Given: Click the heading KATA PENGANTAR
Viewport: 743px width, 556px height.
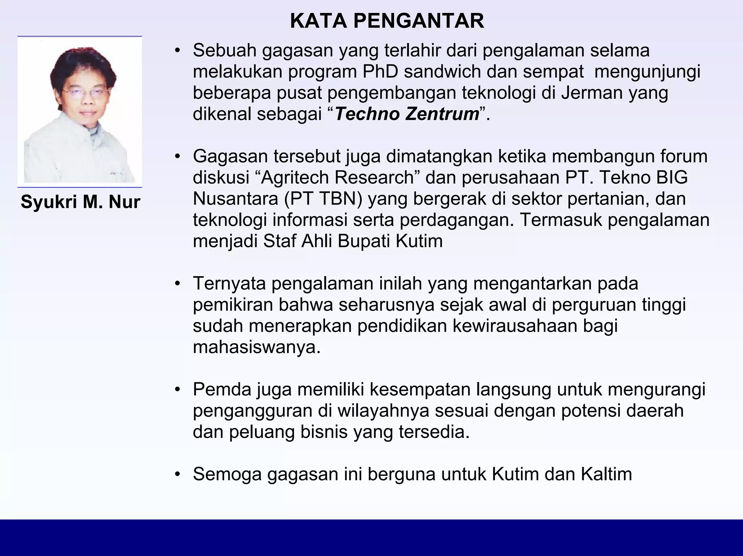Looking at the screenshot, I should click(x=387, y=21).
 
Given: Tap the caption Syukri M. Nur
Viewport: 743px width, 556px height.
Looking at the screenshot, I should click(x=80, y=202).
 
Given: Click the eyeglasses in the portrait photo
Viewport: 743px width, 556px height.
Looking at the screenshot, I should click(x=86, y=92).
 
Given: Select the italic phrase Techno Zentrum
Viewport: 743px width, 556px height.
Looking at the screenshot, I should click(x=407, y=114).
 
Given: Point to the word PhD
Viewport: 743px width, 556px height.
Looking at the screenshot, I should click(x=380, y=71).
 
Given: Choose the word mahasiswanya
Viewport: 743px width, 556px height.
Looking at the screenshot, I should click(x=256, y=347).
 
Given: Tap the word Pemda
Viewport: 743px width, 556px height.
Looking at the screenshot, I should click(x=222, y=389).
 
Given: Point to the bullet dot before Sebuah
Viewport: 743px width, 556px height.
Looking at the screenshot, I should click(x=177, y=50).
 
